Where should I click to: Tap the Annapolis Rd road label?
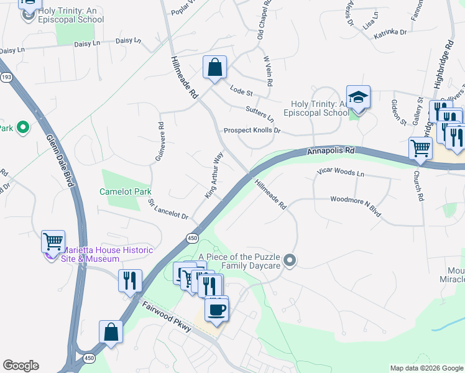(331, 150)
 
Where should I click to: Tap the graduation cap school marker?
(358, 97)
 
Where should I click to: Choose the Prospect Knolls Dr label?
(252, 131)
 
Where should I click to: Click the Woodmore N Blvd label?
(355, 207)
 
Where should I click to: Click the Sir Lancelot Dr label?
(168, 209)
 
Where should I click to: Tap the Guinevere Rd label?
(161, 142)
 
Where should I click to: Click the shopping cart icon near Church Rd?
(420, 149)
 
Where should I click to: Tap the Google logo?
(21, 366)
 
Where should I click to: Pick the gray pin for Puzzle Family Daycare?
(289, 260)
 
